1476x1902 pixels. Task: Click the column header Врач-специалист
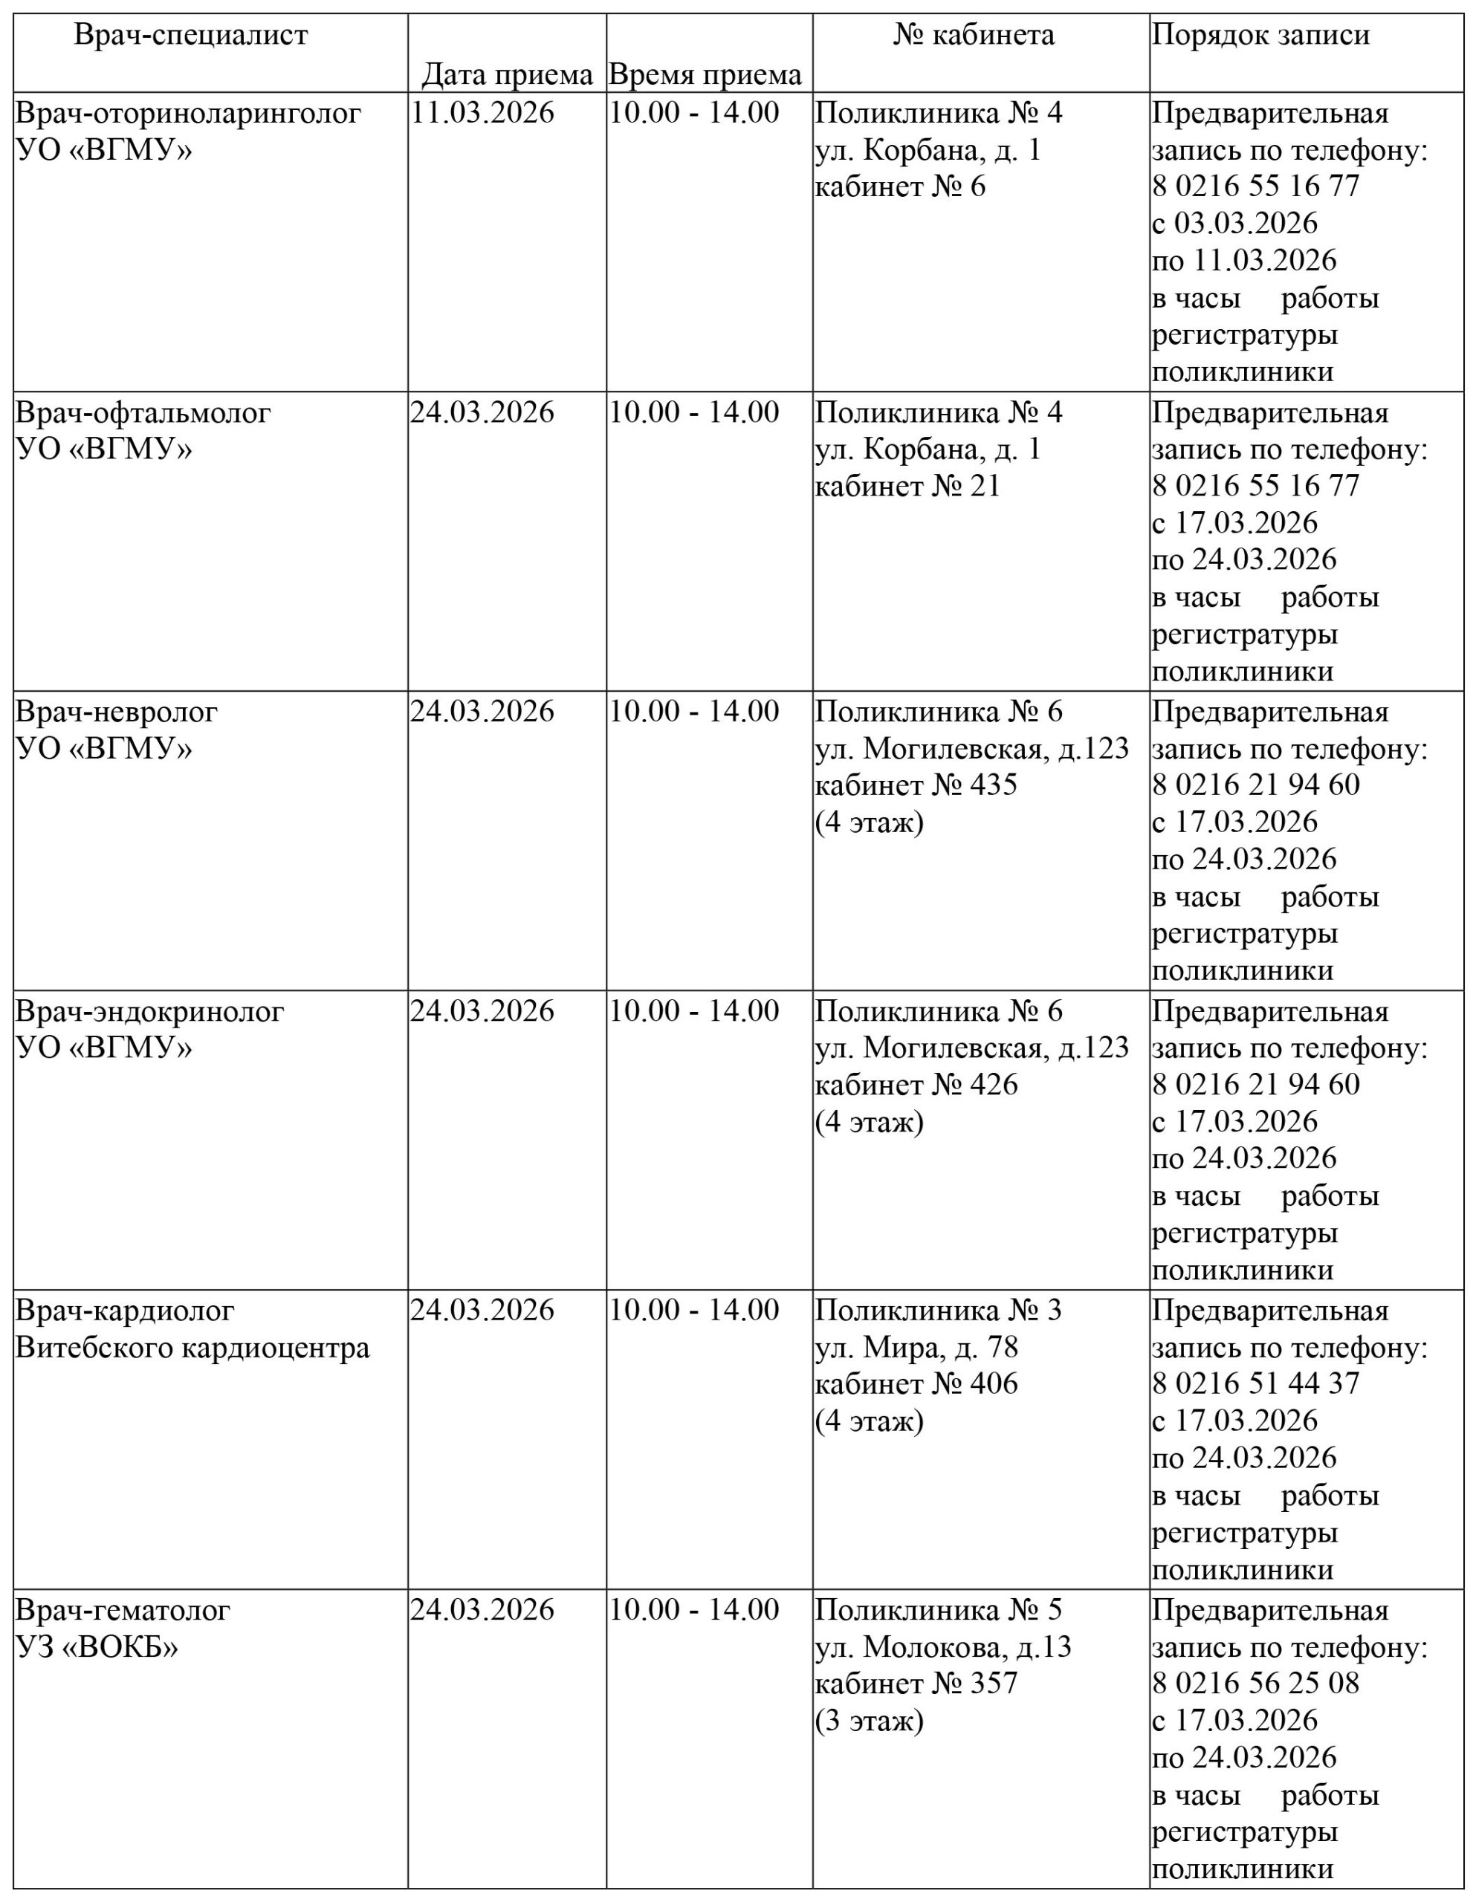tap(191, 36)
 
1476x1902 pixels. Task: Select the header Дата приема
tap(507, 75)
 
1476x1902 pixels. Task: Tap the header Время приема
tap(705, 75)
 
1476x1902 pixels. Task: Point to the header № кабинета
tap(974, 36)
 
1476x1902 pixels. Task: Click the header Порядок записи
tap(1260, 36)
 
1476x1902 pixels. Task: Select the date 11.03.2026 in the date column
tap(482, 113)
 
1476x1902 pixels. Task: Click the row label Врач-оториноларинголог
tap(188, 113)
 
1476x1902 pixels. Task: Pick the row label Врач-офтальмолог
tap(143, 413)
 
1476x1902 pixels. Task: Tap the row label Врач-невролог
tap(117, 712)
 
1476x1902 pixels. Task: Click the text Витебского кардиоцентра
tap(192, 1347)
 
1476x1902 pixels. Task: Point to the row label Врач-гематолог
tap(123, 1609)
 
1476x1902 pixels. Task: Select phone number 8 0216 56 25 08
tap(1255, 1683)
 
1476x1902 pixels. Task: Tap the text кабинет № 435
tap(916, 785)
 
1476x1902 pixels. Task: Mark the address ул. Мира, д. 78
tap(916, 1347)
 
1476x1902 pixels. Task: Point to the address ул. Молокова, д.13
tap(943, 1647)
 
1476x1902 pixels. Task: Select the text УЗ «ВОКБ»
tap(97, 1647)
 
